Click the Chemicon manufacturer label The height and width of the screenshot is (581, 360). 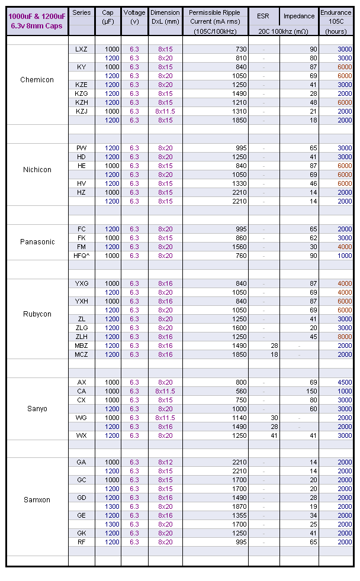coord(37,80)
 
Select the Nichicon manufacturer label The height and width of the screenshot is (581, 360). coord(37,170)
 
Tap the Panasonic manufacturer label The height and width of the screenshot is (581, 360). coord(37,242)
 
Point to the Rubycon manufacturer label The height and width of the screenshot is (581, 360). coord(37,314)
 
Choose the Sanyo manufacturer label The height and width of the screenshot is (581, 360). coord(37,409)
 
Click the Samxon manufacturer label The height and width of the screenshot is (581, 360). coord(37,500)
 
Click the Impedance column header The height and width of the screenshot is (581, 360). coord(299,16)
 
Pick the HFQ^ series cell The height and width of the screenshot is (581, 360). coord(82,256)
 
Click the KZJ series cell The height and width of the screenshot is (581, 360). coord(82,111)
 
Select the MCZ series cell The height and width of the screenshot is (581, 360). coord(82,354)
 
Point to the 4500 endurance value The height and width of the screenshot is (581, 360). coord(345,382)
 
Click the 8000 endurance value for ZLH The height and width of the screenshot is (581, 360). coord(345,337)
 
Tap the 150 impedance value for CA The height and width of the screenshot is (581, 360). coord(312,391)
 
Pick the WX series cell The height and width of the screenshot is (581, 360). coord(82,435)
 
